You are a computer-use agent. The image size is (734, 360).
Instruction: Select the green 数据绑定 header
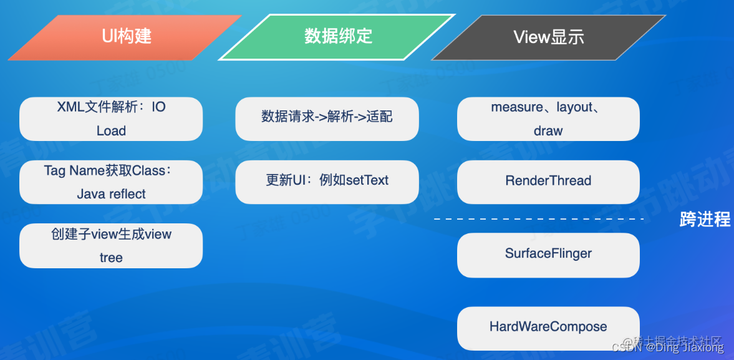[337, 37]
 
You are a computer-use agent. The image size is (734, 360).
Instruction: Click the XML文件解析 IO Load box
[111, 119]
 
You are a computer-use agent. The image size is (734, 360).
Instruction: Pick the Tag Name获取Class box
[111, 182]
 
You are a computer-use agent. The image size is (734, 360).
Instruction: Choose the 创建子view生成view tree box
[111, 246]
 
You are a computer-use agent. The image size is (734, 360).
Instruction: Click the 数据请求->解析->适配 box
[327, 119]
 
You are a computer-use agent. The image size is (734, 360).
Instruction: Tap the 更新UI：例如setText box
[327, 182]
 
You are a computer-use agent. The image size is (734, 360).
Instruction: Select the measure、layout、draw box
[548, 119]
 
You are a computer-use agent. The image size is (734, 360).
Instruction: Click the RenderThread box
[548, 182]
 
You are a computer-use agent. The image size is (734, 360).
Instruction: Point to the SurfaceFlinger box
[548, 255]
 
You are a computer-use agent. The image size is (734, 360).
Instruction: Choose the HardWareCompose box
[548, 328]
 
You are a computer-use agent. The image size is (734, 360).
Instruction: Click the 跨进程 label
[705, 220]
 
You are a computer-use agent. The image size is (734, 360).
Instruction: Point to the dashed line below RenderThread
[538, 219]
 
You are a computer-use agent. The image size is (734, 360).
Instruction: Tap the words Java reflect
[111, 194]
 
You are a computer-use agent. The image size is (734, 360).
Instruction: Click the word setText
[367, 181]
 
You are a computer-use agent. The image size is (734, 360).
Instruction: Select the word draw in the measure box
[548, 131]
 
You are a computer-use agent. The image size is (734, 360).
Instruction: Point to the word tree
[111, 258]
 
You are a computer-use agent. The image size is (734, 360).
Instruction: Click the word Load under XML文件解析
[111, 131]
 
